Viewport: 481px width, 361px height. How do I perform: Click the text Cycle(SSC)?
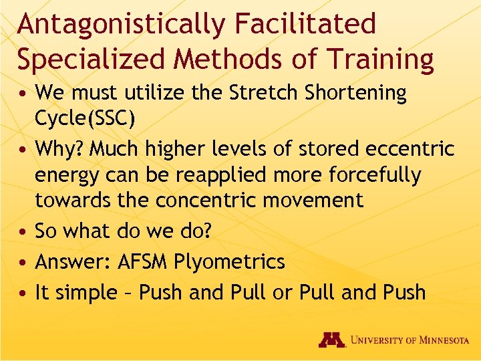pos(85,120)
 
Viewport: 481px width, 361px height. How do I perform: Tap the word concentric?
pos(216,200)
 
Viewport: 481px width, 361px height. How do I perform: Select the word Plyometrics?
pos(229,261)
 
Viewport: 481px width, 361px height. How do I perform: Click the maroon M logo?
pos(331,340)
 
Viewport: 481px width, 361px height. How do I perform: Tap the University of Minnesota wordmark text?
pos(410,340)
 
